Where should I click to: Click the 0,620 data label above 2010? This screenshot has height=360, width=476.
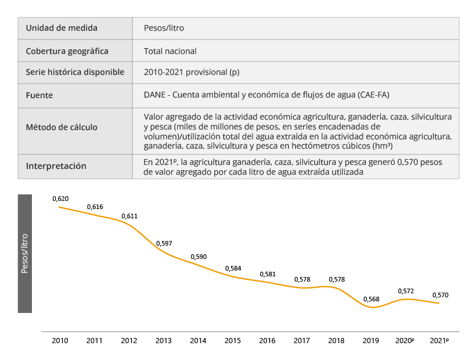click(60, 199)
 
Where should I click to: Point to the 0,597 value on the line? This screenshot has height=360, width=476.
click(164, 243)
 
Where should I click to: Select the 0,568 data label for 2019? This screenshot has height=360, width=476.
click(372, 299)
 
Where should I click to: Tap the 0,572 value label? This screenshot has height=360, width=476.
click(406, 290)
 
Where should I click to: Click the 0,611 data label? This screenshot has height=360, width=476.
click(129, 216)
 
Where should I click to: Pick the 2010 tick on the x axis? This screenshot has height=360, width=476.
click(60, 340)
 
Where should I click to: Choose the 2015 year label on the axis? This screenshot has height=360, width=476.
click(233, 340)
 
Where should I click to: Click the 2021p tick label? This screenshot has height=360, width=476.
click(440, 340)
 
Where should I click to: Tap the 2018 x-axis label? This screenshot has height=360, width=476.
click(337, 340)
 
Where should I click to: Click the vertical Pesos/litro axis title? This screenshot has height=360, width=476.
click(24, 253)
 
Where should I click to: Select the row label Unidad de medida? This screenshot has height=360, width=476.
click(62, 28)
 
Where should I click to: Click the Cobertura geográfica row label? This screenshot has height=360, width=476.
click(67, 51)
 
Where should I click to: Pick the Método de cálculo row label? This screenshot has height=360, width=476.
click(62, 127)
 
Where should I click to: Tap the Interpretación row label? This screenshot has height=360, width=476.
click(56, 166)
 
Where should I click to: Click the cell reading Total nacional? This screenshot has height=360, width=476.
click(170, 51)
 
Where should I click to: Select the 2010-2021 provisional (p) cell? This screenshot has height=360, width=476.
click(192, 73)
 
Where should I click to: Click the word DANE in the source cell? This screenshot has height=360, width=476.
click(155, 95)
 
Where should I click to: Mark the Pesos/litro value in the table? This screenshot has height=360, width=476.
click(164, 28)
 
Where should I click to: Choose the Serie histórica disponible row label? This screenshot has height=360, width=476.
click(75, 73)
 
